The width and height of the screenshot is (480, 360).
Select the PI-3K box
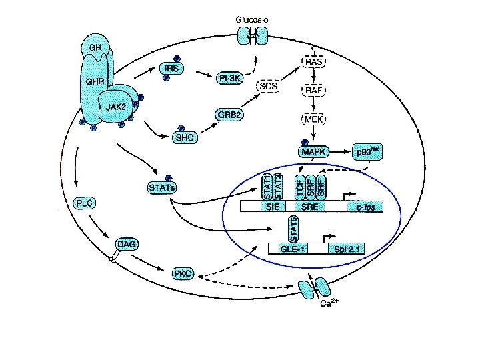click(230, 79)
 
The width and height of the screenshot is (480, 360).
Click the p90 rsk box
click(370, 153)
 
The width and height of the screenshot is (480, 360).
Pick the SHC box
click(183, 138)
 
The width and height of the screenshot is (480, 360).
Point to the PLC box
click(85, 201)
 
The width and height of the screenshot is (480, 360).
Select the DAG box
click(127, 245)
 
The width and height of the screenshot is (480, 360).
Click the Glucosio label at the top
click(253, 21)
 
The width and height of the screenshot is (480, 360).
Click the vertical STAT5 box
click(292, 229)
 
